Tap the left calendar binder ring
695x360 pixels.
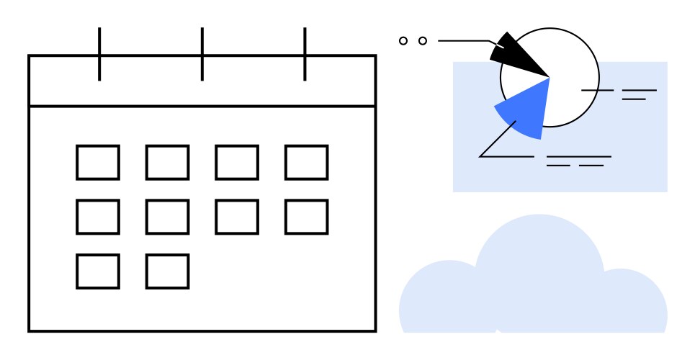pos(99,54)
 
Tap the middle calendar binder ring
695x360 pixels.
pos(202,54)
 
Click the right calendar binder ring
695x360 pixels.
pos(305,54)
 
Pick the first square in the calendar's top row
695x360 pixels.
pos(98,162)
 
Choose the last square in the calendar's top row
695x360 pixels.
pos(306,162)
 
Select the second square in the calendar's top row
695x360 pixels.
pos(167,162)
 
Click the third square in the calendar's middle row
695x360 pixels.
pos(237,217)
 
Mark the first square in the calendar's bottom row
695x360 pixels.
pos(98,271)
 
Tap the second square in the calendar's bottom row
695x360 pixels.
pos(167,271)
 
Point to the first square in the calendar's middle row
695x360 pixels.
pos(98,217)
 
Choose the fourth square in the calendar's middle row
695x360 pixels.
pos(306,217)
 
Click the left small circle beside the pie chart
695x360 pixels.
pos(403,41)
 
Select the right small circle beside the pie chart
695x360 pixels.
pos(423,41)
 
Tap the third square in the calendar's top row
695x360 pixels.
pos(237,162)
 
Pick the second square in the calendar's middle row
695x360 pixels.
pos(167,217)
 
